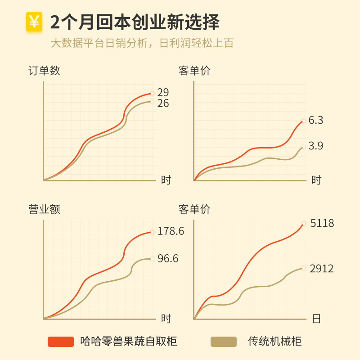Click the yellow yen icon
click(x=34, y=22)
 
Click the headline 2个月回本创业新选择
click(x=135, y=22)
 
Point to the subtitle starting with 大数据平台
click(x=142, y=43)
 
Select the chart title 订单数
click(x=44, y=71)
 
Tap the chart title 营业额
click(x=44, y=209)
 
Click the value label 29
click(x=163, y=92)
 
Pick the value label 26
click(x=163, y=103)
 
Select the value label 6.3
click(x=316, y=120)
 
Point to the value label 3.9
click(x=316, y=146)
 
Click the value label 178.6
click(x=171, y=231)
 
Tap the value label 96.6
click(x=168, y=259)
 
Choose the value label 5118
click(x=322, y=223)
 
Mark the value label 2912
click(x=322, y=269)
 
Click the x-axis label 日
click(x=316, y=319)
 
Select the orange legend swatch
click(x=60, y=342)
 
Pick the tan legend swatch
click(x=224, y=342)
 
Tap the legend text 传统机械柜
click(x=274, y=342)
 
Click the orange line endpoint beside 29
click(x=152, y=94)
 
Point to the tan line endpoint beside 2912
click(x=304, y=268)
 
